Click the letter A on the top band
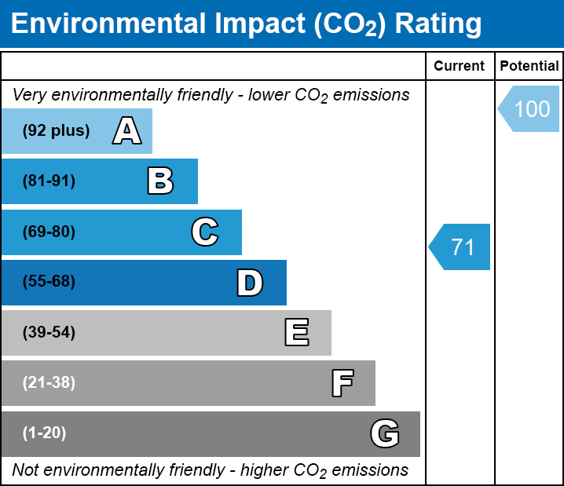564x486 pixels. [x=127, y=130]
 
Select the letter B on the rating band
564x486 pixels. [x=160, y=181]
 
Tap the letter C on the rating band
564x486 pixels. [x=205, y=232]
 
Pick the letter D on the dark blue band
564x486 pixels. [x=250, y=282]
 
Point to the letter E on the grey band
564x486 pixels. [x=296, y=333]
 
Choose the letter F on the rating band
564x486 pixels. [x=342, y=383]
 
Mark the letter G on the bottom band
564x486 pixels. [x=385, y=433]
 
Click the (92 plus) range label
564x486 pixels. [x=56, y=130]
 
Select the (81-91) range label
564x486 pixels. [x=49, y=181]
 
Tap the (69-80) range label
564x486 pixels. [x=49, y=232]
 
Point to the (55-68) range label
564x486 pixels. [x=49, y=282]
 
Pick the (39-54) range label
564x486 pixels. [x=49, y=333]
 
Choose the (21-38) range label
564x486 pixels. [x=49, y=383]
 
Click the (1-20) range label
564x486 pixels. [x=45, y=433]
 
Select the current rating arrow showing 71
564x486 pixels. [x=461, y=247]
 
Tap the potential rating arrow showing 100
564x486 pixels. [x=530, y=108]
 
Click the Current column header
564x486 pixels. [x=460, y=67]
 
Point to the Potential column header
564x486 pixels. [x=529, y=67]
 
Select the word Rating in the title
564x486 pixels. [x=438, y=24]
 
